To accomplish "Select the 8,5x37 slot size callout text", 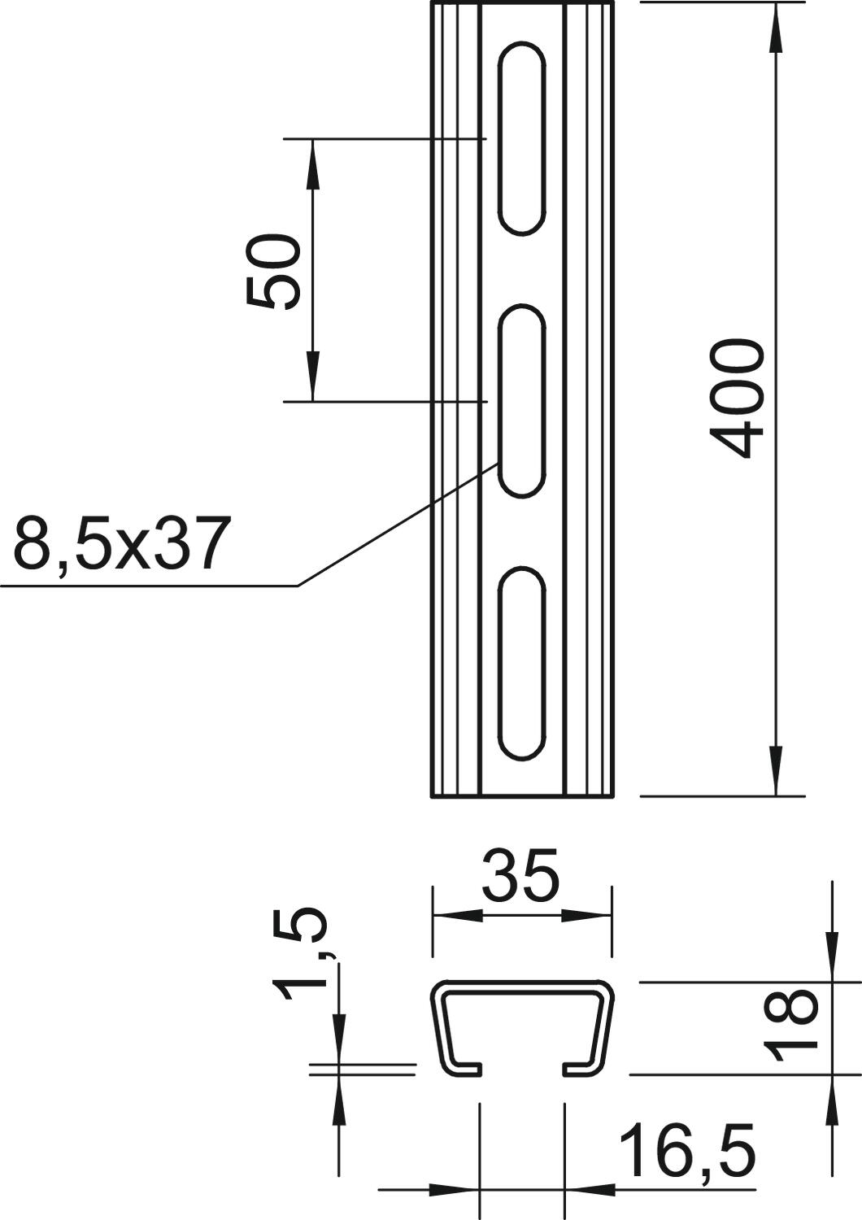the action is coord(120,544).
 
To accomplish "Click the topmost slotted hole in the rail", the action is coord(521,138).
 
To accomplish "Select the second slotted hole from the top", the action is coord(521,400).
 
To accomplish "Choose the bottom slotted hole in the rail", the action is coord(521,663).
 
